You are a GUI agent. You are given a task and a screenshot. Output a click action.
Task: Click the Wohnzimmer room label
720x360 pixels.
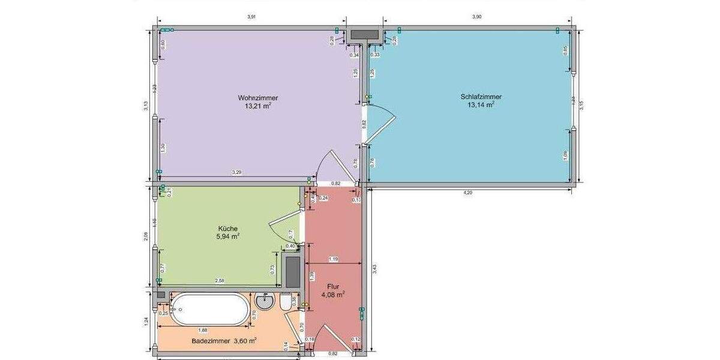pyautogui.click(x=257, y=98)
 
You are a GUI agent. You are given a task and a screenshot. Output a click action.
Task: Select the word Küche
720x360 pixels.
pyautogui.click(x=228, y=229)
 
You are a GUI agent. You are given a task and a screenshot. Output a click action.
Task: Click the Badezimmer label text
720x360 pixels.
pyautogui.click(x=211, y=341)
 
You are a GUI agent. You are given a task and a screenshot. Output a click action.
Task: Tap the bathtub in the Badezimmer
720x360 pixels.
pyautogui.click(x=209, y=310)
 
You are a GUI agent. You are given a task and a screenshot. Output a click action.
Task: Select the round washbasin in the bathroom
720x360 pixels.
pyautogui.click(x=264, y=301)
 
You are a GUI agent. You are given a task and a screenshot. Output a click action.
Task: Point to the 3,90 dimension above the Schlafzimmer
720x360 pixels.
pyautogui.click(x=476, y=17)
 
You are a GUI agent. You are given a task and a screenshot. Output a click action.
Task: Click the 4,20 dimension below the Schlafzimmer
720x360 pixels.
pyautogui.click(x=468, y=193)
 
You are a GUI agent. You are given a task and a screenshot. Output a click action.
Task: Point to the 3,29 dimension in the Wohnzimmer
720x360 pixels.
pyautogui.click(x=238, y=173)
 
